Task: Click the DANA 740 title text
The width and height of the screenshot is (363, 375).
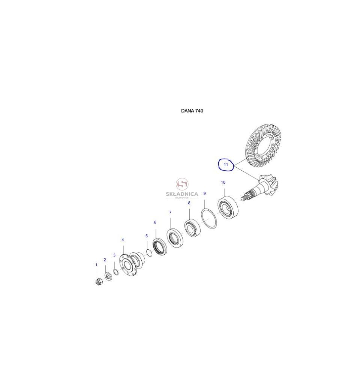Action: click(x=192, y=111)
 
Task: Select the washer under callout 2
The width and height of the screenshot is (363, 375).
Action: click(x=108, y=277)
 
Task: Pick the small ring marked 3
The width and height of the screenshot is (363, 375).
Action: click(x=116, y=272)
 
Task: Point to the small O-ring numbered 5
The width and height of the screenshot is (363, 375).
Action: click(x=149, y=253)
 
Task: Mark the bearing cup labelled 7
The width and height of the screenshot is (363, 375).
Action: click(x=175, y=238)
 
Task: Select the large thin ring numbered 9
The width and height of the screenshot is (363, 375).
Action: click(x=209, y=219)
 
